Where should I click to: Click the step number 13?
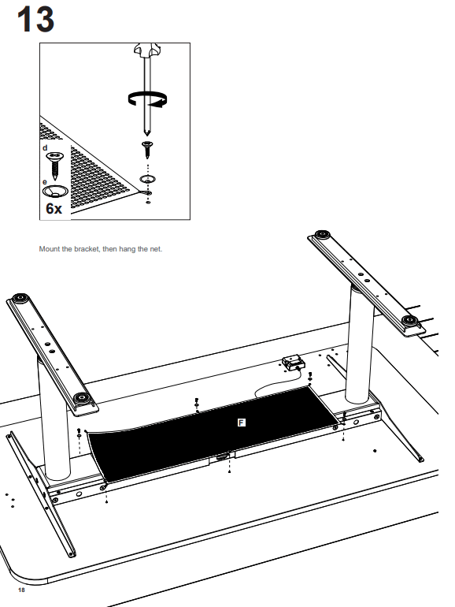click(35, 19)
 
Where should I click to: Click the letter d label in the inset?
click(45, 147)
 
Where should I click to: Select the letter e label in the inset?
click(45, 182)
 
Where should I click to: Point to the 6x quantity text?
click(54, 209)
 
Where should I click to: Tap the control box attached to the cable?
click(293, 363)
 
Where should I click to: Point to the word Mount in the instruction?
click(49, 249)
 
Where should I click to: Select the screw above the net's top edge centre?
click(196, 402)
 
